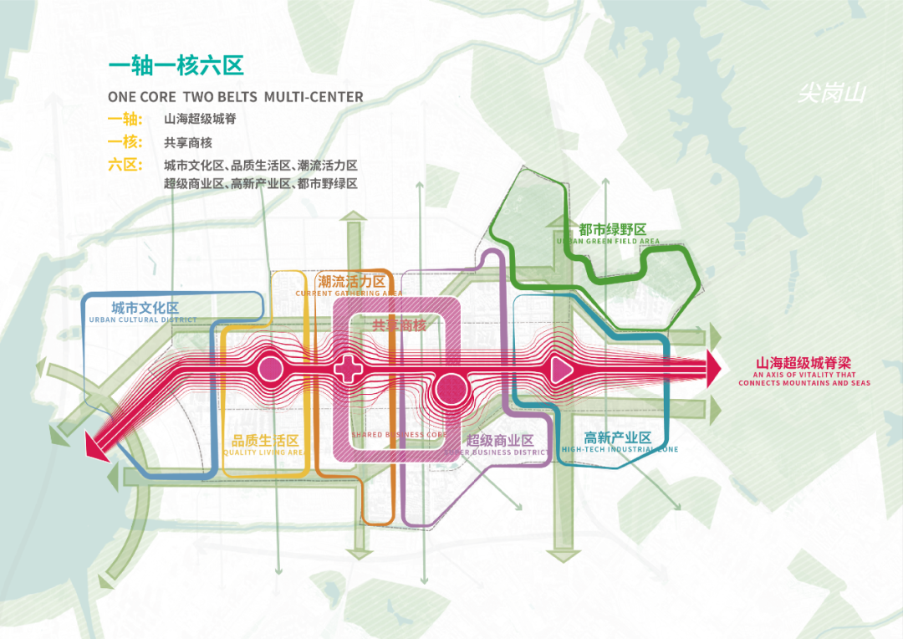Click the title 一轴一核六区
(x=176, y=67)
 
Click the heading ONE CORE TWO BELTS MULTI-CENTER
(x=236, y=97)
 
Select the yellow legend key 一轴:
(x=125, y=120)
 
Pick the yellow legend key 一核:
(x=125, y=142)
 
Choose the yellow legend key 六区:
(x=125, y=165)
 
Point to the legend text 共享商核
(x=188, y=142)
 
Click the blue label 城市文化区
(x=145, y=309)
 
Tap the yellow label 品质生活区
(x=265, y=441)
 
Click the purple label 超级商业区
(x=500, y=441)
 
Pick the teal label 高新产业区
(x=618, y=437)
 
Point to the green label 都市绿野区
(x=613, y=229)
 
